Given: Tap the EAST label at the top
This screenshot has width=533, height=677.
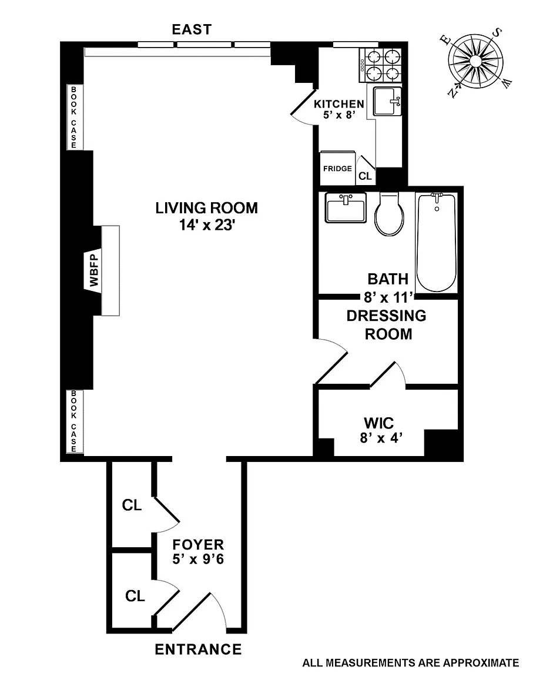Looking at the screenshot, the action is (x=192, y=29).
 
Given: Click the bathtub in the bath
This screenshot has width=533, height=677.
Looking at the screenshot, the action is (x=436, y=243).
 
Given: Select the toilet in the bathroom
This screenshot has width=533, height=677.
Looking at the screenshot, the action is (x=389, y=214).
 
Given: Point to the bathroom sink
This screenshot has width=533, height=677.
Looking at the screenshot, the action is (x=346, y=207).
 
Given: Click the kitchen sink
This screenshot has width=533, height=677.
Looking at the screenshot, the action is (x=387, y=102).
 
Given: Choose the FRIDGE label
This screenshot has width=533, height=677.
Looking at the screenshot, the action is (x=337, y=169).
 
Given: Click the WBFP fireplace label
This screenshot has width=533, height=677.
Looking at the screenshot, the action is (x=94, y=270).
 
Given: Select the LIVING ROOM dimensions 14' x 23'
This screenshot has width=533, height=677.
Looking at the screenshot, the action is (x=207, y=225).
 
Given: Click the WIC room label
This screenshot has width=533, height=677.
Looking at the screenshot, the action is (x=378, y=423).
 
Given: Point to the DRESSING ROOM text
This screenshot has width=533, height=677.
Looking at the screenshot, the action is (x=387, y=324).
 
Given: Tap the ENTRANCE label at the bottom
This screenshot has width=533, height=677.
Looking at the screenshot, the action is (x=198, y=649).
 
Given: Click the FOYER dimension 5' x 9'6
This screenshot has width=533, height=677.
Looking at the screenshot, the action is (x=198, y=559).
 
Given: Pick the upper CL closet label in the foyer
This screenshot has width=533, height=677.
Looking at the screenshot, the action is (x=132, y=505).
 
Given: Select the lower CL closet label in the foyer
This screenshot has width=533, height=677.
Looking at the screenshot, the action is (x=135, y=596).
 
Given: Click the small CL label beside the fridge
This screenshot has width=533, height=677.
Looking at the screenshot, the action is (x=365, y=176).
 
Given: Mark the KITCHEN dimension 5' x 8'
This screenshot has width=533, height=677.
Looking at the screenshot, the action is (x=339, y=115).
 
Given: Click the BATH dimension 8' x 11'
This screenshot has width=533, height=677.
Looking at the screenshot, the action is (x=388, y=297).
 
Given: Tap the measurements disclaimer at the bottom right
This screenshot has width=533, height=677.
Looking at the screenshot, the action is (x=411, y=663).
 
